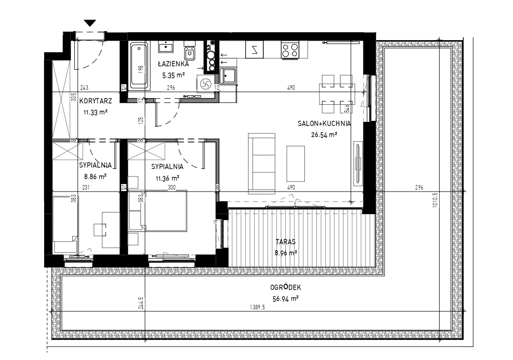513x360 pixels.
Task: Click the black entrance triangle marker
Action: tap(90, 23)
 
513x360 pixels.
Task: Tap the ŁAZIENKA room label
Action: tap(173, 64)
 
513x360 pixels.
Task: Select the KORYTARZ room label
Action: tap(96, 101)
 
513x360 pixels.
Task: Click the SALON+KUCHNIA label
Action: tap(324, 124)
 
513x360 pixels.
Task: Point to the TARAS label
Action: tap(286, 242)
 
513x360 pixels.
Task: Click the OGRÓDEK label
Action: tap(286, 287)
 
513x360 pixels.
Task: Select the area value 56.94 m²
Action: tap(286, 298)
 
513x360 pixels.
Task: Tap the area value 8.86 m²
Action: tap(96, 177)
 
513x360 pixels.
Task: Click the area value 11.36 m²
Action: tap(167, 178)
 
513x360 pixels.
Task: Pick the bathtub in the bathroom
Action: tap(140, 66)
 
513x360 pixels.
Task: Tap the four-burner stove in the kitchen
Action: tap(290, 50)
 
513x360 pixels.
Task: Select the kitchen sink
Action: tap(228, 77)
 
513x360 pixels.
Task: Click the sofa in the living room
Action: tap(261, 163)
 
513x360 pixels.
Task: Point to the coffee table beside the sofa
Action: tap(296, 163)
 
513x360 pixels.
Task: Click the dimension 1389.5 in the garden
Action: tap(257, 307)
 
